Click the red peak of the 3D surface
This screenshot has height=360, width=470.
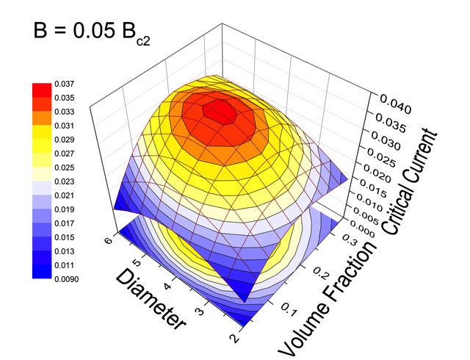(221, 112)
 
